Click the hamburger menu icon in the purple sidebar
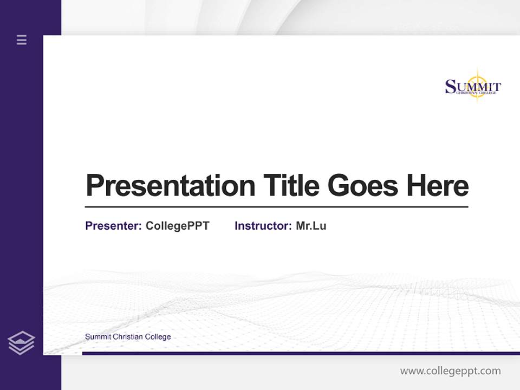coord(22,40)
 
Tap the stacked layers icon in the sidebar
coord(21,343)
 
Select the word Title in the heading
coord(291,186)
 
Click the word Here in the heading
coord(438,186)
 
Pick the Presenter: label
coord(113,226)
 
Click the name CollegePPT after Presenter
coord(177,226)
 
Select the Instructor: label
coord(263,226)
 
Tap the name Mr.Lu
coord(311,226)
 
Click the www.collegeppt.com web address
coord(450,371)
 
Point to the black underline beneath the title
coord(276,207)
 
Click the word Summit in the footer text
coord(97,337)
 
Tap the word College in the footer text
coord(158,337)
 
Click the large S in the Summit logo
coord(451,87)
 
